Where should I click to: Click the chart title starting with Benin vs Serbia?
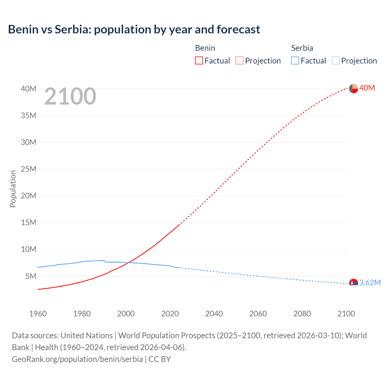click(x=134, y=29)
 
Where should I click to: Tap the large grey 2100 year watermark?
click(x=70, y=96)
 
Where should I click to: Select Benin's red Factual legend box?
click(x=199, y=60)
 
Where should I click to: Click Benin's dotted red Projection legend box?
click(x=239, y=60)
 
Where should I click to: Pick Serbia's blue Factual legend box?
click(x=295, y=60)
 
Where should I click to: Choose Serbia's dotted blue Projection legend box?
click(x=336, y=60)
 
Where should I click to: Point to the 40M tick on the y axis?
click(x=29, y=89)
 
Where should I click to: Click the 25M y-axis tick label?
click(x=29, y=169)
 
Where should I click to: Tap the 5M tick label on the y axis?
click(x=31, y=276)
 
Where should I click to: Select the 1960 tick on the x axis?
click(x=38, y=314)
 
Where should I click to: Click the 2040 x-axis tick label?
click(x=214, y=314)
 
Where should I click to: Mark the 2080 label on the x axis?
click(x=302, y=314)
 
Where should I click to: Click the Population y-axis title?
click(x=13, y=189)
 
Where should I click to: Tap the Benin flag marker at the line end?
click(x=353, y=88)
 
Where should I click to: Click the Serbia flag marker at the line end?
click(x=353, y=283)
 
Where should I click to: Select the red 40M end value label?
click(x=367, y=88)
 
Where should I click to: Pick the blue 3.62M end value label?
click(x=370, y=283)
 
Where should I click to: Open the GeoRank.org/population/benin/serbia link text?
click(x=77, y=359)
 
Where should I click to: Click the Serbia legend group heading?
click(x=302, y=48)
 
